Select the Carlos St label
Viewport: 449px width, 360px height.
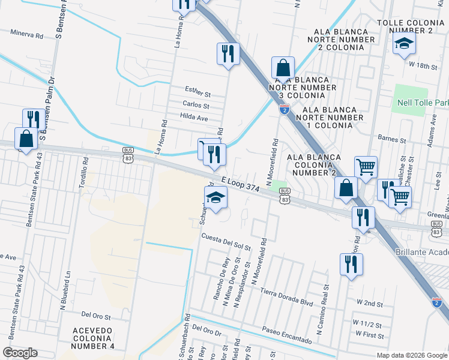tap(196, 104)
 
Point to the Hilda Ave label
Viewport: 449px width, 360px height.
tap(194, 118)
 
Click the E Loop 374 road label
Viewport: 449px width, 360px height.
tap(240, 184)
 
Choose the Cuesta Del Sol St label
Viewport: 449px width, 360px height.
tap(226, 245)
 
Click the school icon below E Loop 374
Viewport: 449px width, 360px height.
tap(215, 197)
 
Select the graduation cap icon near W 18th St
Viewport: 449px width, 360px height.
tap(405, 43)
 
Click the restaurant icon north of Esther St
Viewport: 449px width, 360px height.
tap(228, 53)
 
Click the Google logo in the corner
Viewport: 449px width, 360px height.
tap(19, 353)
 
